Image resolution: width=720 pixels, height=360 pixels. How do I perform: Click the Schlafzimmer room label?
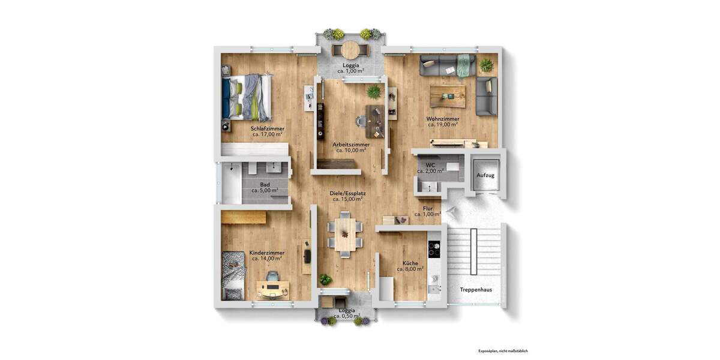point(268,128)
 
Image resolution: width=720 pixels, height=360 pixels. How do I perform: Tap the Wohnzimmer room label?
point(443,119)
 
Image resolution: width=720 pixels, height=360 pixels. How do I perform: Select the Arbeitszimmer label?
point(351,145)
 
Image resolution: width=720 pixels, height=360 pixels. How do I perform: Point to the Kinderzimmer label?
point(267,253)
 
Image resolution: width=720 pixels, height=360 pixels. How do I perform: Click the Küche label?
point(410,263)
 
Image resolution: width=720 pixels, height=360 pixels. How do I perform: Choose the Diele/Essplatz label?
point(348,194)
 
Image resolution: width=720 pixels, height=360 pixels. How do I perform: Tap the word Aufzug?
point(485,175)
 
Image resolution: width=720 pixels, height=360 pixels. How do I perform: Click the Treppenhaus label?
point(476,289)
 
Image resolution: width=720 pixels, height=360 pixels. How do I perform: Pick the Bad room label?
point(265,184)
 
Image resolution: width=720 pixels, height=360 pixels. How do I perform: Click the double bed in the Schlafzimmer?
point(247,97)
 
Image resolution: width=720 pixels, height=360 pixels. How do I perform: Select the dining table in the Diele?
point(345,234)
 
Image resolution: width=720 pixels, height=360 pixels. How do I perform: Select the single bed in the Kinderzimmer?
point(232,275)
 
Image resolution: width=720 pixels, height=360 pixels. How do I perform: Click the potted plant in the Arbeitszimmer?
point(374,92)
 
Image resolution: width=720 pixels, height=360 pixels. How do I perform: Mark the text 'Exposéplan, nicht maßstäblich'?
point(503,350)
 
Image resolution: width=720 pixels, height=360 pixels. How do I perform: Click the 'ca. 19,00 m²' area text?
point(443,125)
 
